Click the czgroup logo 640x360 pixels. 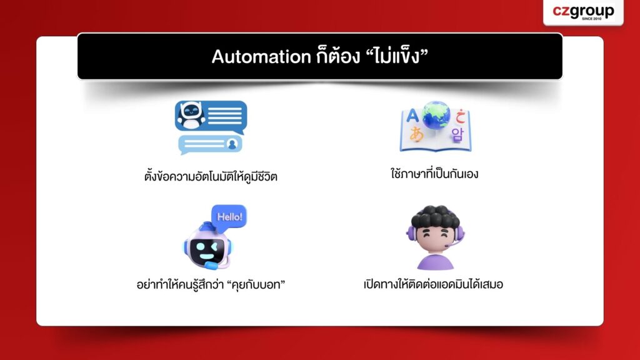583,12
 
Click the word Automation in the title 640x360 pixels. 261,56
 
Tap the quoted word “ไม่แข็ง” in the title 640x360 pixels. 395,56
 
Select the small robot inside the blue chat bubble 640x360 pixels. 191,116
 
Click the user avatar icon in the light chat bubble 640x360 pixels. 232,144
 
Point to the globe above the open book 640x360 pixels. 436,115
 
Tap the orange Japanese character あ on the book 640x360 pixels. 416,134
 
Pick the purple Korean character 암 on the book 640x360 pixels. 457,134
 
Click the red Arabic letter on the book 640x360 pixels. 461,116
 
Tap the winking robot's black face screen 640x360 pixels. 207,251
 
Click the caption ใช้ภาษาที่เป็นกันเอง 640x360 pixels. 434,174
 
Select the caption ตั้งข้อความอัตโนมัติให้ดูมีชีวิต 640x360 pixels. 211,176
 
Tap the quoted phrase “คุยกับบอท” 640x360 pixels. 256,284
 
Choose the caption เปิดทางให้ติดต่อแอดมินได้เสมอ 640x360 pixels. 433,284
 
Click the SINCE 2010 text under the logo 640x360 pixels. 591,19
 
